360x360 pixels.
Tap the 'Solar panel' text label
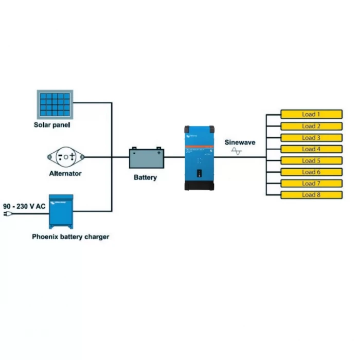click(52, 125)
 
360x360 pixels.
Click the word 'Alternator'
click(65, 174)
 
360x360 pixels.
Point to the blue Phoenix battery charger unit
click(61, 211)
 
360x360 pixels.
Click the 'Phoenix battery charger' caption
click(70, 237)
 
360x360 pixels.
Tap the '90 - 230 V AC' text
click(24, 206)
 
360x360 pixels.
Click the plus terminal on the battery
click(159, 152)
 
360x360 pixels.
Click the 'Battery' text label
click(145, 177)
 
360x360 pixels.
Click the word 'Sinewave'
click(240, 142)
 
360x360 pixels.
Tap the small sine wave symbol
click(237, 151)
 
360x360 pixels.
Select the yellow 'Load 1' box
click(311, 114)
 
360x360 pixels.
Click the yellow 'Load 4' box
click(311, 149)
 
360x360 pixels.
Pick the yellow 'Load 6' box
click(311, 172)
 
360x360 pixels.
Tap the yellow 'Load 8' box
click(311, 195)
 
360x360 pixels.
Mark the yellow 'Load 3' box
click(311, 138)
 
